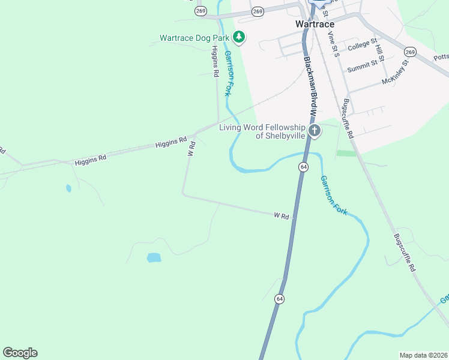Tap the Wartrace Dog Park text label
pos(194,38)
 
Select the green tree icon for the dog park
pos(240,38)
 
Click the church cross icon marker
pos(314,131)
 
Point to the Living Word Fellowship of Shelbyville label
pos(263,131)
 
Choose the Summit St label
pos(362,62)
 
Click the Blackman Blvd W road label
pos(310,84)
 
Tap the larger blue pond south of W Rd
pos(154,258)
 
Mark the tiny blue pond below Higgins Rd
pos(68,188)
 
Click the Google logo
pos(20,353)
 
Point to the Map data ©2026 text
pos(423,355)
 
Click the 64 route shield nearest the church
pos(304,166)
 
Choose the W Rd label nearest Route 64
pos(282,215)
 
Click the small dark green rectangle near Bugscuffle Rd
pos(346,154)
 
